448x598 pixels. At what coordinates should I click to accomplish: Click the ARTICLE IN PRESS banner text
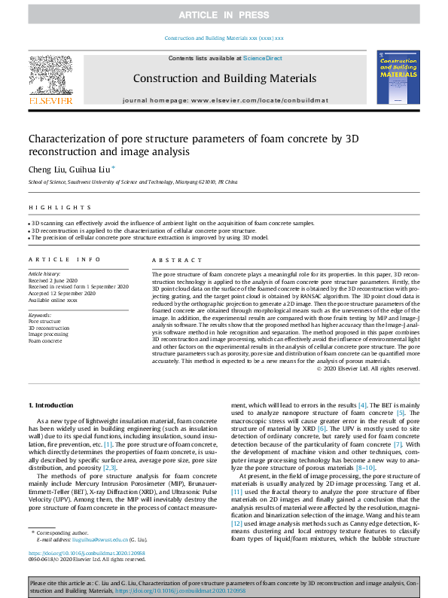[x=224, y=15]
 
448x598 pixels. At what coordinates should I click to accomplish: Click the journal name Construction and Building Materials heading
[x=224, y=78]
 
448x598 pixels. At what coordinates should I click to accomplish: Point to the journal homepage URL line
[x=224, y=100]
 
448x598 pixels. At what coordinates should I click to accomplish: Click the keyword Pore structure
[x=44, y=322]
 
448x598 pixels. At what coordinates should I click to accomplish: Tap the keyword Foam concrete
[x=45, y=340]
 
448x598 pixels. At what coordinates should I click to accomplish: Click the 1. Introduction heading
[x=51, y=405]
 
